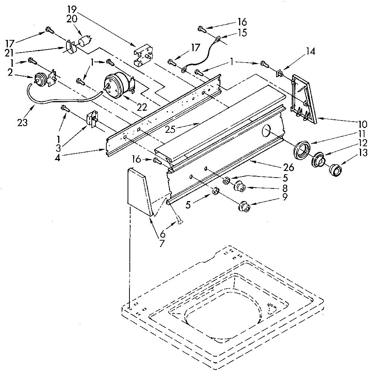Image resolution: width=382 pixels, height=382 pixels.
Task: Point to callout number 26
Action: click(289, 167)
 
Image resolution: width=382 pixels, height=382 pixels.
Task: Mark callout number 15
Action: click(242, 32)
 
